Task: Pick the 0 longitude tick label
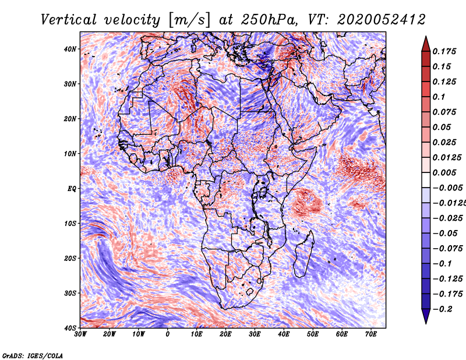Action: tap(168, 334)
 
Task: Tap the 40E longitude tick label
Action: tap(284, 334)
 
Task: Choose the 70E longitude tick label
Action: tap(371, 334)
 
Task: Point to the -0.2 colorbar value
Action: tap(444, 309)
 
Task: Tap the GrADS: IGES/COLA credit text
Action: tap(32, 355)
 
